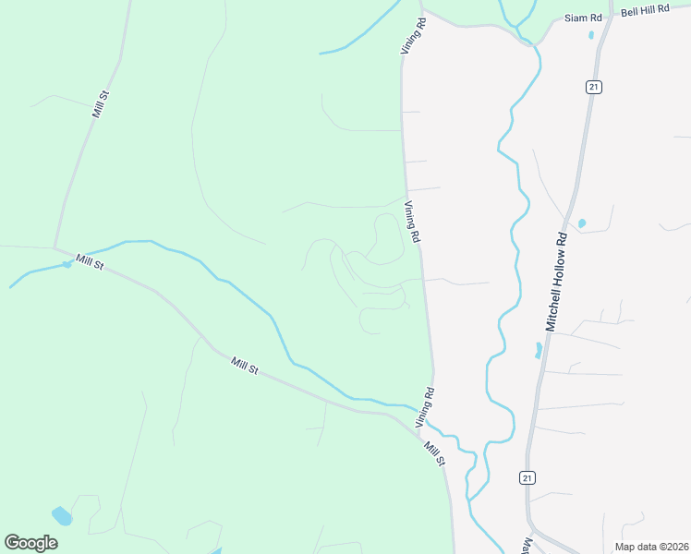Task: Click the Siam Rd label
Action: pyautogui.click(x=583, y=18)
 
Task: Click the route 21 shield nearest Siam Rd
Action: pyautogui.click(x=593, y=87)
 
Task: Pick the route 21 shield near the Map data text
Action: pyautogui.click(x=527, y=476)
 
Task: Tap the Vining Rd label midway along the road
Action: pyautogui.click(x=412, y=223)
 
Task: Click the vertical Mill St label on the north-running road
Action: pyautogui.click(x=101, y=104)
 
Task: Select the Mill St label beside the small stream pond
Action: pyautogui.click(x=91, y=263)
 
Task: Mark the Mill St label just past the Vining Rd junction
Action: pyautogui.click(x=434, y=453)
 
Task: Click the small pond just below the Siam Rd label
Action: pyautogui.click(x=591, y=36)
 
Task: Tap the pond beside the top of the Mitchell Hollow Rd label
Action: pyautogui.click(x=582, y=223)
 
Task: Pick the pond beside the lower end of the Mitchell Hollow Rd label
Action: pyautogui.click(x=539, y=350)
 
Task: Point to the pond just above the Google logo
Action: pyautogui.click(x=61, y=514)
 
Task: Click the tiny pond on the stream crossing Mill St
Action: pyautogui.click(x=67, y=265)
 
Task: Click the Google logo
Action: pyautogui.click(x=30, y=543)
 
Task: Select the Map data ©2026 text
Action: pyautogui.click(x=651, y=545)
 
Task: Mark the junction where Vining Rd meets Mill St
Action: pyautogui.click(x=417, y=428)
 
